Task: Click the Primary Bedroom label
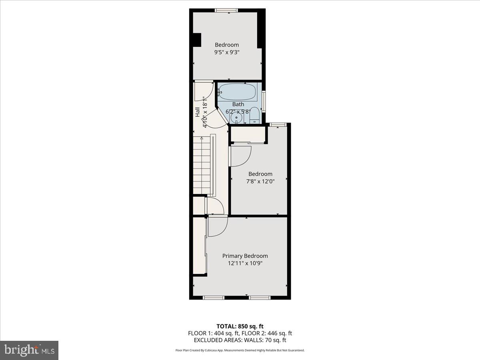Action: (x=245, y=256)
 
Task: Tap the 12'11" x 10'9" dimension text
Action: (x=245, y=263)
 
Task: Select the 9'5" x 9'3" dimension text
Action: (x=227, y=52)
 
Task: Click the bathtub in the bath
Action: (x=238, y=92)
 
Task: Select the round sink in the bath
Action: (x=236, y=118)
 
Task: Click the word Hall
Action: (x=198, y=112)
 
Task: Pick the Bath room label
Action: (x=238, y=104)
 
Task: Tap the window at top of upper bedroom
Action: (x=227, y=10)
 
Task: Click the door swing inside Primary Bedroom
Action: (x=218, y=226)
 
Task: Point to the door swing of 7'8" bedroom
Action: (x=241, y=156)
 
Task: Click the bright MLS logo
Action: (x=29, y=350)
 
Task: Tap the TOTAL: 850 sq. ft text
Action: (x=240, y=326)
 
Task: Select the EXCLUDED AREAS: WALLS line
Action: (x=240, y=340)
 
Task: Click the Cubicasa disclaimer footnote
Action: (x=240, y=350)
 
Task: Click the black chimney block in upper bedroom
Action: (x=196, y=40)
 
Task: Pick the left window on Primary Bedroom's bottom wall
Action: (x=213, y=298)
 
